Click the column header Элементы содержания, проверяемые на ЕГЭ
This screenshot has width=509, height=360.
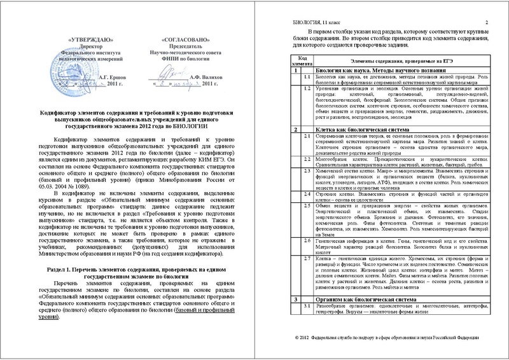(398, 60)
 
